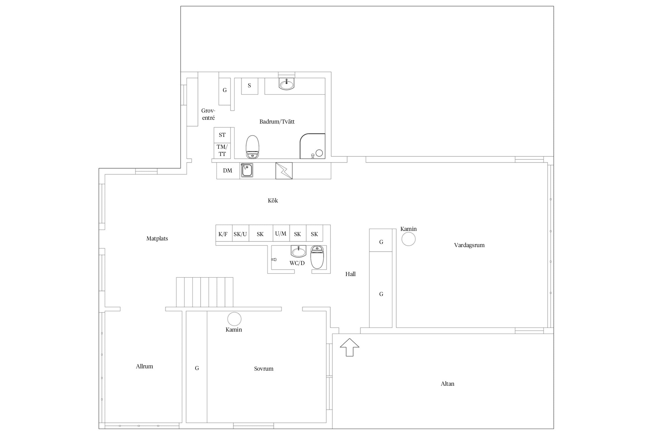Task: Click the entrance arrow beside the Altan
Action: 350,347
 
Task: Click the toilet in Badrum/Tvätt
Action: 252,147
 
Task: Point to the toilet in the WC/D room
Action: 317,257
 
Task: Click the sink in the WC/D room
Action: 298,251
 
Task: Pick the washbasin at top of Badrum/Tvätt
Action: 286,84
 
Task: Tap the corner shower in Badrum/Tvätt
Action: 312,146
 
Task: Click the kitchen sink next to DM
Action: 247,170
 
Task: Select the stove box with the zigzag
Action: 284,171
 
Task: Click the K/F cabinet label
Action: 223,234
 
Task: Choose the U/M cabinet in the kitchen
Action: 281,233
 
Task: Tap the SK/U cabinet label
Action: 240,234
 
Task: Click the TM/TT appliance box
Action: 222,150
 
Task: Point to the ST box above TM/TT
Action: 222,135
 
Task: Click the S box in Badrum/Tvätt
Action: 250,86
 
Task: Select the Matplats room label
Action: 157,238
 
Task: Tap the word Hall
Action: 350,274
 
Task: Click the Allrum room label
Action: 144,366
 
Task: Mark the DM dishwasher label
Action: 227,170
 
